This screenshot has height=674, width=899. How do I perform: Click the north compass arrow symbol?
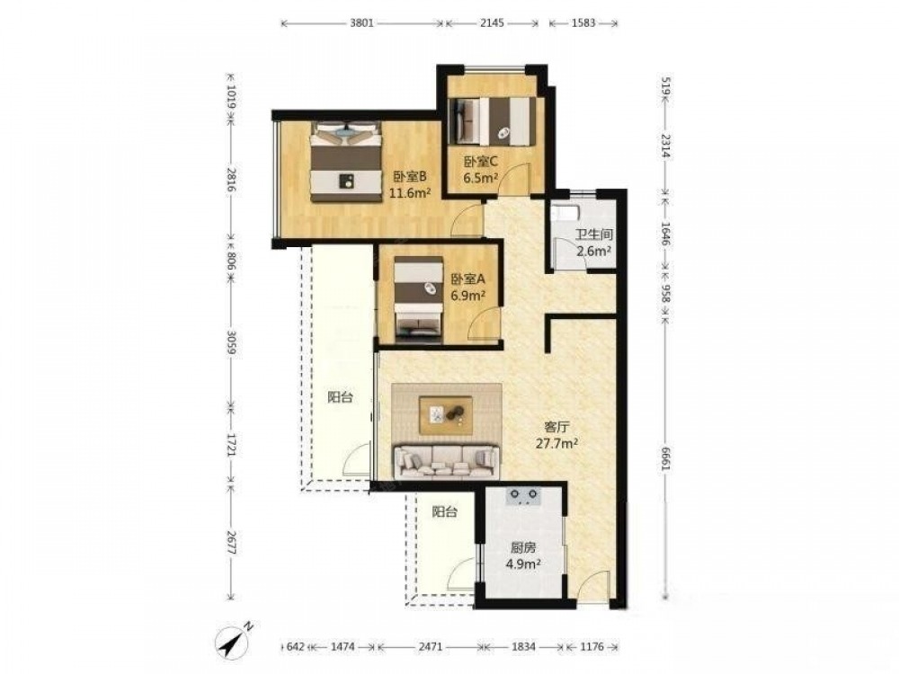coord(235,639)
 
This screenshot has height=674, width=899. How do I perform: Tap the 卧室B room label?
coord(408,176)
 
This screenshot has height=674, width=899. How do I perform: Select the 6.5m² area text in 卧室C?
coord(480,178)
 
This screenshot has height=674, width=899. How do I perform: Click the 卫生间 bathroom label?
coord(594,235)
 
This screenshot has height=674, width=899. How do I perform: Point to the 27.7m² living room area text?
coord(556,443)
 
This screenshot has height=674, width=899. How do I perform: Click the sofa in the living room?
coord(446,461)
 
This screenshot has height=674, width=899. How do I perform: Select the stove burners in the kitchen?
coord(525,496)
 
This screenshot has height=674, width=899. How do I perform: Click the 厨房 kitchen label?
coord(524,548)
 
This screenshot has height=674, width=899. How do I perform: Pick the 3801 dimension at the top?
coord(361,23)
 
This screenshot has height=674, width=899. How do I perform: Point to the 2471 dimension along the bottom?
coord(431,647)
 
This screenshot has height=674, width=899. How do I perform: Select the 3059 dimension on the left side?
coord(231,342)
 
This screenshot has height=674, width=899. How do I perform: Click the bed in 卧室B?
coord(346,162)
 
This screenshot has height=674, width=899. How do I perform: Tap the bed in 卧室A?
coord(419,299)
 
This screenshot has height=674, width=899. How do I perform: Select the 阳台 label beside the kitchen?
coord(444,512)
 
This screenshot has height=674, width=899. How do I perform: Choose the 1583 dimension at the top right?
coord(583,23)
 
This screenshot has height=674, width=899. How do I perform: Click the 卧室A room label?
coord(467,279)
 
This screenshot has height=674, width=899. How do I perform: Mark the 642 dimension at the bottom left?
coord(295,647)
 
